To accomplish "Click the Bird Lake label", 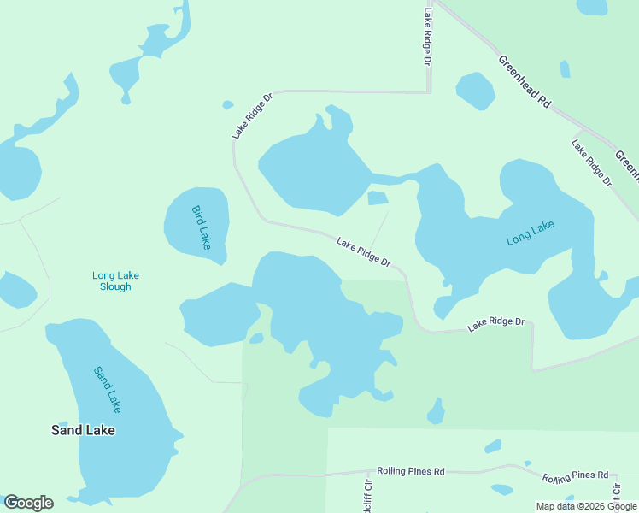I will (201, 227).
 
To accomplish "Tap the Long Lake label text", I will (531, 233).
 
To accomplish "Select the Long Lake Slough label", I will (115, 281).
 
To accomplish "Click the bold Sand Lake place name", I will (83, 430).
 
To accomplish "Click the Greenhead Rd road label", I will (525, 80).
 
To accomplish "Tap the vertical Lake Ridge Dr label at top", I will (427, 37).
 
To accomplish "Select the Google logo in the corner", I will (28, 503).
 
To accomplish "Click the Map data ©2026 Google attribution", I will (585, 506).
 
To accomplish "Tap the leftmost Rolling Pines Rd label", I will (411, 471).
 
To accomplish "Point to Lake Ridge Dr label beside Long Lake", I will (363, 251).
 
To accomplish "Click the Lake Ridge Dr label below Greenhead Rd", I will (592, 163).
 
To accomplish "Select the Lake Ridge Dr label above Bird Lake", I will (252, 116).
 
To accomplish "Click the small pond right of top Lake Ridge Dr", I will (476, 91).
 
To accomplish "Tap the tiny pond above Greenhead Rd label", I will (565, 68).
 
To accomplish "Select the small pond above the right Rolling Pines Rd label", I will (493, 446).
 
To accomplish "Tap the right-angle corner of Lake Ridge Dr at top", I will (429, 91).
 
